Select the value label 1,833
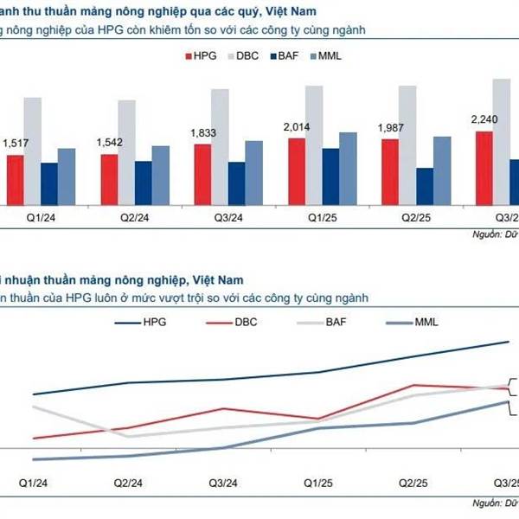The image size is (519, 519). [202, 134]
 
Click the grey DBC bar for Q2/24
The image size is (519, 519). [126, 151]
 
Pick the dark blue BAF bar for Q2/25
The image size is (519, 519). [425, 185]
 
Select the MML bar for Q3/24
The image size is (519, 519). [253, 171]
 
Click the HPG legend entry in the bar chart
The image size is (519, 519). [198, 55]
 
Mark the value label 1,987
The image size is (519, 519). [391, 128]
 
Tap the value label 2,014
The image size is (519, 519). [297, 127]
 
